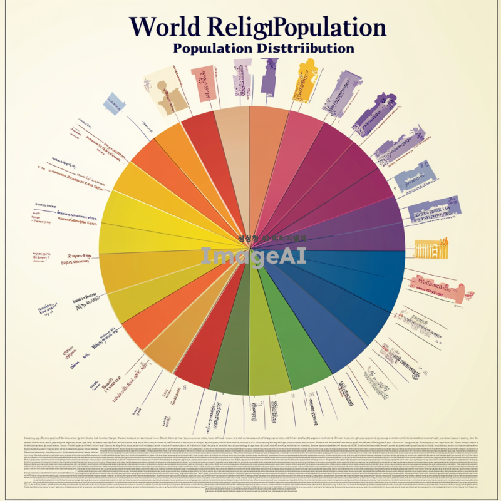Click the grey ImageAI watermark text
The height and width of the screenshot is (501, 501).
point(253,256)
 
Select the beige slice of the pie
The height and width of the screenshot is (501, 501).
point(233,144)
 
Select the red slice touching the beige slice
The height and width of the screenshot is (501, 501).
point(204,147)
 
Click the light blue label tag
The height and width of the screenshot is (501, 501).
point(114,103)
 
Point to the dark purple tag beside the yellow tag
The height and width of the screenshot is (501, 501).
point(270,75)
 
